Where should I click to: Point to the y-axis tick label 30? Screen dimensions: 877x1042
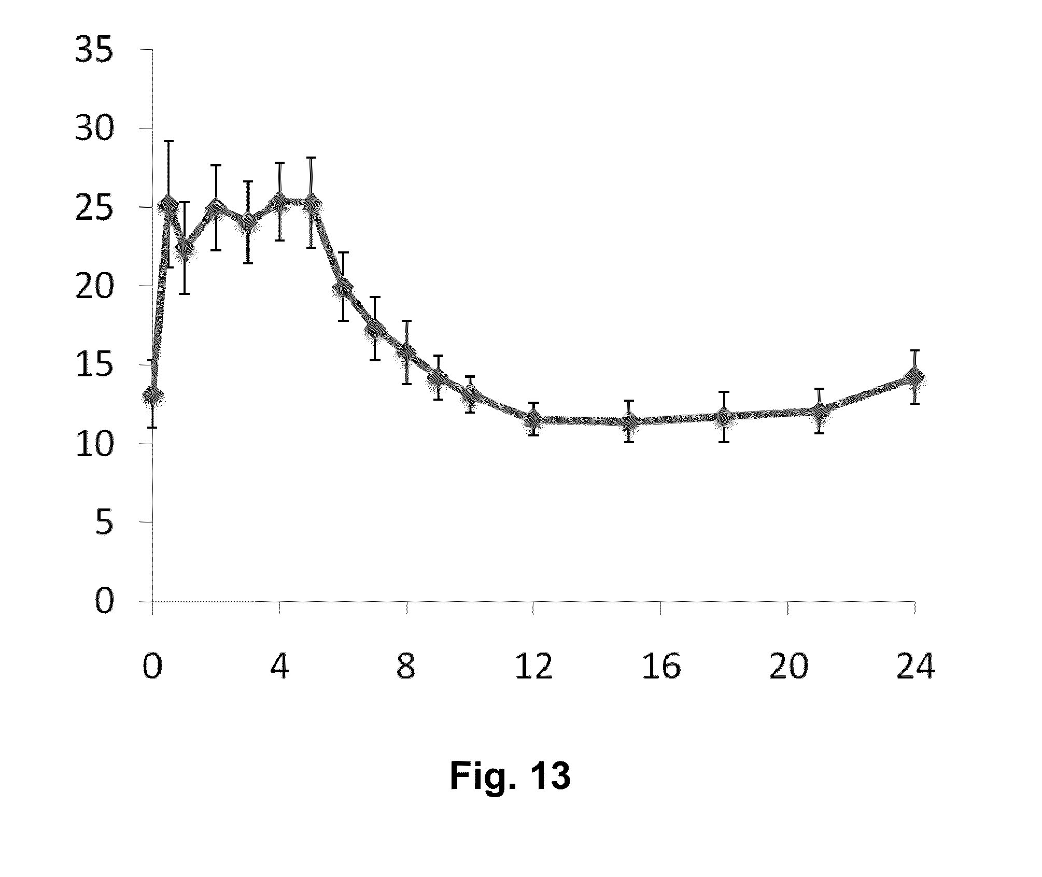94,130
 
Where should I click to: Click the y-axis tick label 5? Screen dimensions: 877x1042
104,524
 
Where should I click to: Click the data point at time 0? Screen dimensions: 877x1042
152,395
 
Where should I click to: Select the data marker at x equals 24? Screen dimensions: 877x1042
915,377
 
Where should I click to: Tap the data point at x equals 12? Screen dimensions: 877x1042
533,419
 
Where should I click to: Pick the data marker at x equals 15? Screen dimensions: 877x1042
629,421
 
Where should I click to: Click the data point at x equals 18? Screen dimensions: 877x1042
724,416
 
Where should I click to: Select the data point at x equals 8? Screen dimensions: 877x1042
407,352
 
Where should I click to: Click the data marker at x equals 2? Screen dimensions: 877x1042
216,208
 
